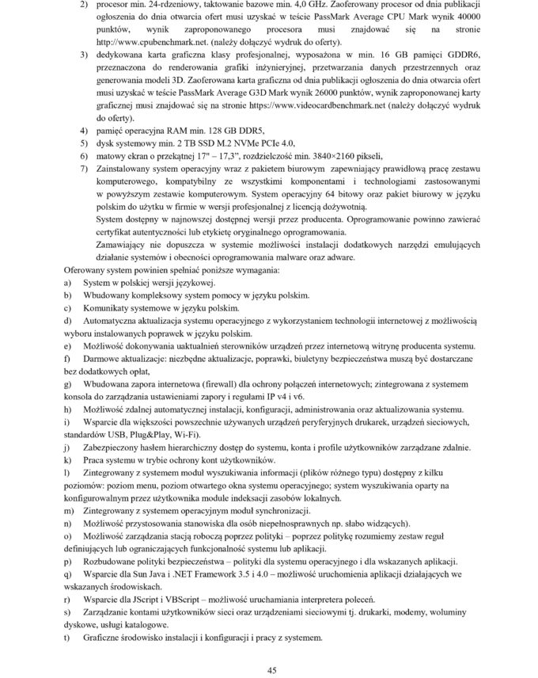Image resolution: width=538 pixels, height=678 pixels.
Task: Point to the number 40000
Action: (x=462, y=17)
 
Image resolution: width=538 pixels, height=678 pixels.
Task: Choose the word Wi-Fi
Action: (x=201, y=434)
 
